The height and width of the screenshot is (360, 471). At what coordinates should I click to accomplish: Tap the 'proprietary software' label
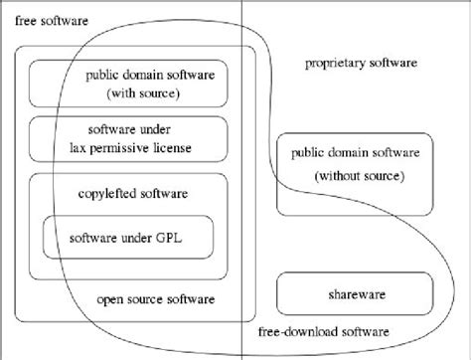361,65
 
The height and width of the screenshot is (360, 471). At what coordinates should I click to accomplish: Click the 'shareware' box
354,293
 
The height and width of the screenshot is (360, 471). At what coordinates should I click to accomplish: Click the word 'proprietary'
334,65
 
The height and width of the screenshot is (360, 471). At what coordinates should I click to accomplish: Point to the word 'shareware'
354,293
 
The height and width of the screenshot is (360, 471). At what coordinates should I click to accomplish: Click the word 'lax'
86,148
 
